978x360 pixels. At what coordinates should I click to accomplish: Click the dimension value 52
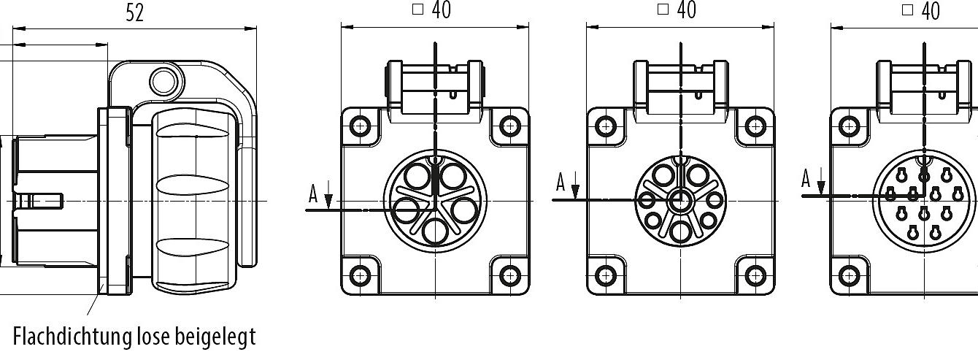134,12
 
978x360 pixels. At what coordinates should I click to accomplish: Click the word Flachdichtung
72,337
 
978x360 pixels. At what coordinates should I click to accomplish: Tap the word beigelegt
215,337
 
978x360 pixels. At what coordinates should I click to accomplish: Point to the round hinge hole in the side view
164,82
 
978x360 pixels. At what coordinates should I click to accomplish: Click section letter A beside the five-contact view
313,194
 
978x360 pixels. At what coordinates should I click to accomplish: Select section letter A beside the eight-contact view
561,182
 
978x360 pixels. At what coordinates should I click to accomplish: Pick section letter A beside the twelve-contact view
806,179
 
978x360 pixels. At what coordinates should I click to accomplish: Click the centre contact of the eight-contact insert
680,202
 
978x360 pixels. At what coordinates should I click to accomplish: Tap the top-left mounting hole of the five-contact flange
360,126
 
